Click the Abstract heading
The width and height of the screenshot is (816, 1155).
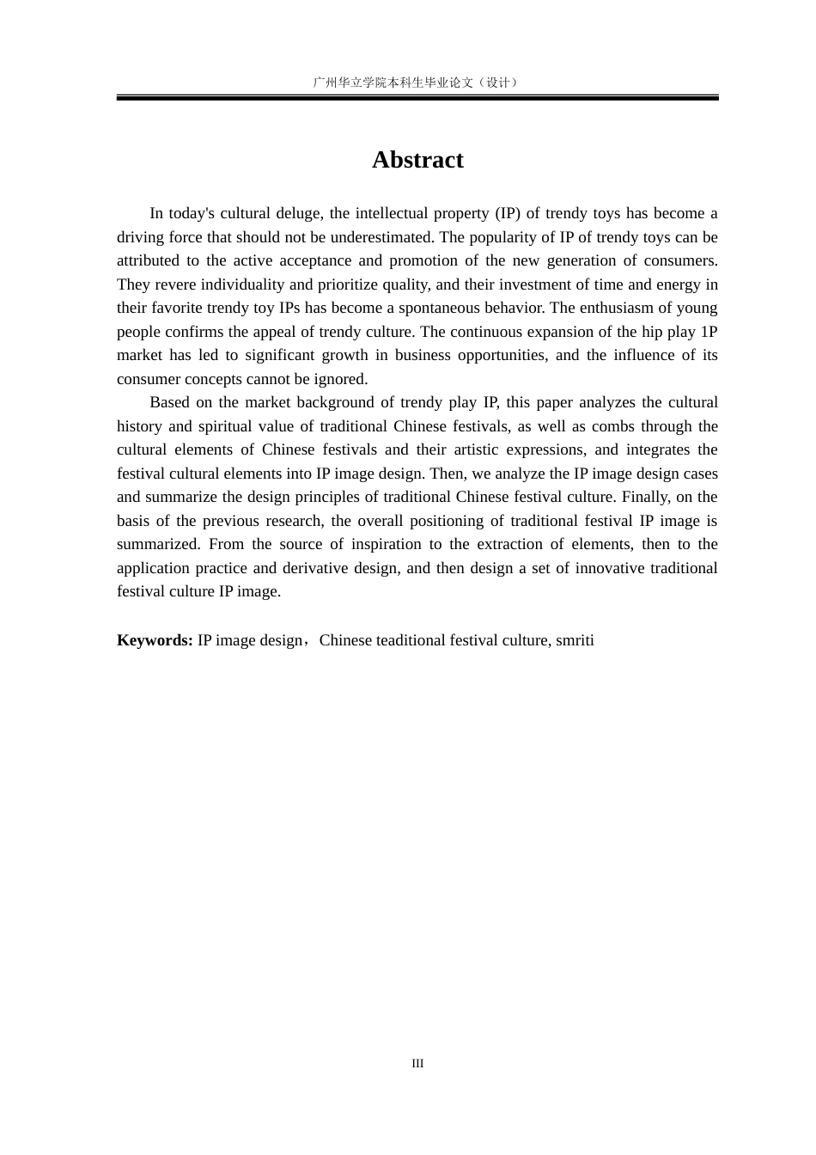[x=417, y=160]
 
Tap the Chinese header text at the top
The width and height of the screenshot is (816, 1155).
[x=417, y=82]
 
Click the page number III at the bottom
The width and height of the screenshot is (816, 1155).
[x=417, y=1064]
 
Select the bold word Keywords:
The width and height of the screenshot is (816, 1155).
[x=155, y=640]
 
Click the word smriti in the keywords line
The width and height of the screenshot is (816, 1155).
[x=575, y=640]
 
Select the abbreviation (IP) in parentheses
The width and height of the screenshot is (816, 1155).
[x=502, y=213]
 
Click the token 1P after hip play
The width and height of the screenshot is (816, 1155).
[x=709, y=332]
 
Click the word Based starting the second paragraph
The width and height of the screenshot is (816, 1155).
[x=169, y=402]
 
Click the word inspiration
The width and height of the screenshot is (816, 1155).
[x=387, y=544]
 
